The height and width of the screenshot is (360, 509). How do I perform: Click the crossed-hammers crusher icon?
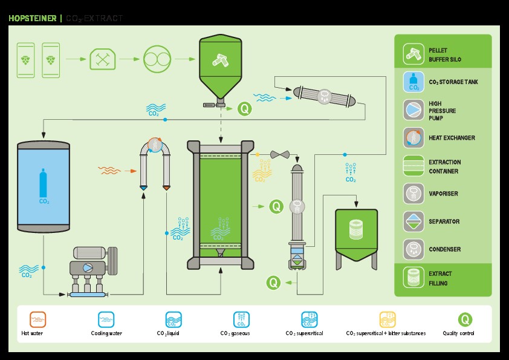pyautogui.click(x=102, y=59)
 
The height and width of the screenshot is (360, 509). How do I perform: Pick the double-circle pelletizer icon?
pyautogui.click(x=157, y=59)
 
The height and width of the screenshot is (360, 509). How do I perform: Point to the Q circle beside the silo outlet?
pyautogui.click(x=244, y=109)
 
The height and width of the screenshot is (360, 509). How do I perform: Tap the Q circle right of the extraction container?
pyautogui.click(x=276, y=206)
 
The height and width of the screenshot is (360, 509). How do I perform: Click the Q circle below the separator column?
pyautogui.click(x=274, y=282)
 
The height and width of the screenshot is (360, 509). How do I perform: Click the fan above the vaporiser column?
pyautogui.click(x=280, y=154)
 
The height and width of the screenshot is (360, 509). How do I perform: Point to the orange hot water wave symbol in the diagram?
pyautogui.click(x=109, y=171)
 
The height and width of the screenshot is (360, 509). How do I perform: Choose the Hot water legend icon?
pyautogui.click(x=37, y=319)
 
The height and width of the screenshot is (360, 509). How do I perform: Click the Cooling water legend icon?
pyautogui.click(x=106, y=319)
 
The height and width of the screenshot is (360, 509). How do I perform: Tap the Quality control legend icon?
pyautogui.click(x=465, y=319)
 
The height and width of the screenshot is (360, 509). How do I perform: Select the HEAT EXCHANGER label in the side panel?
pyautogui.click(x=452, y=138)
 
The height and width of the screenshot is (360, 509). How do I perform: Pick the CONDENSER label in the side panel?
pyautogui.click(x=444, y=249)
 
